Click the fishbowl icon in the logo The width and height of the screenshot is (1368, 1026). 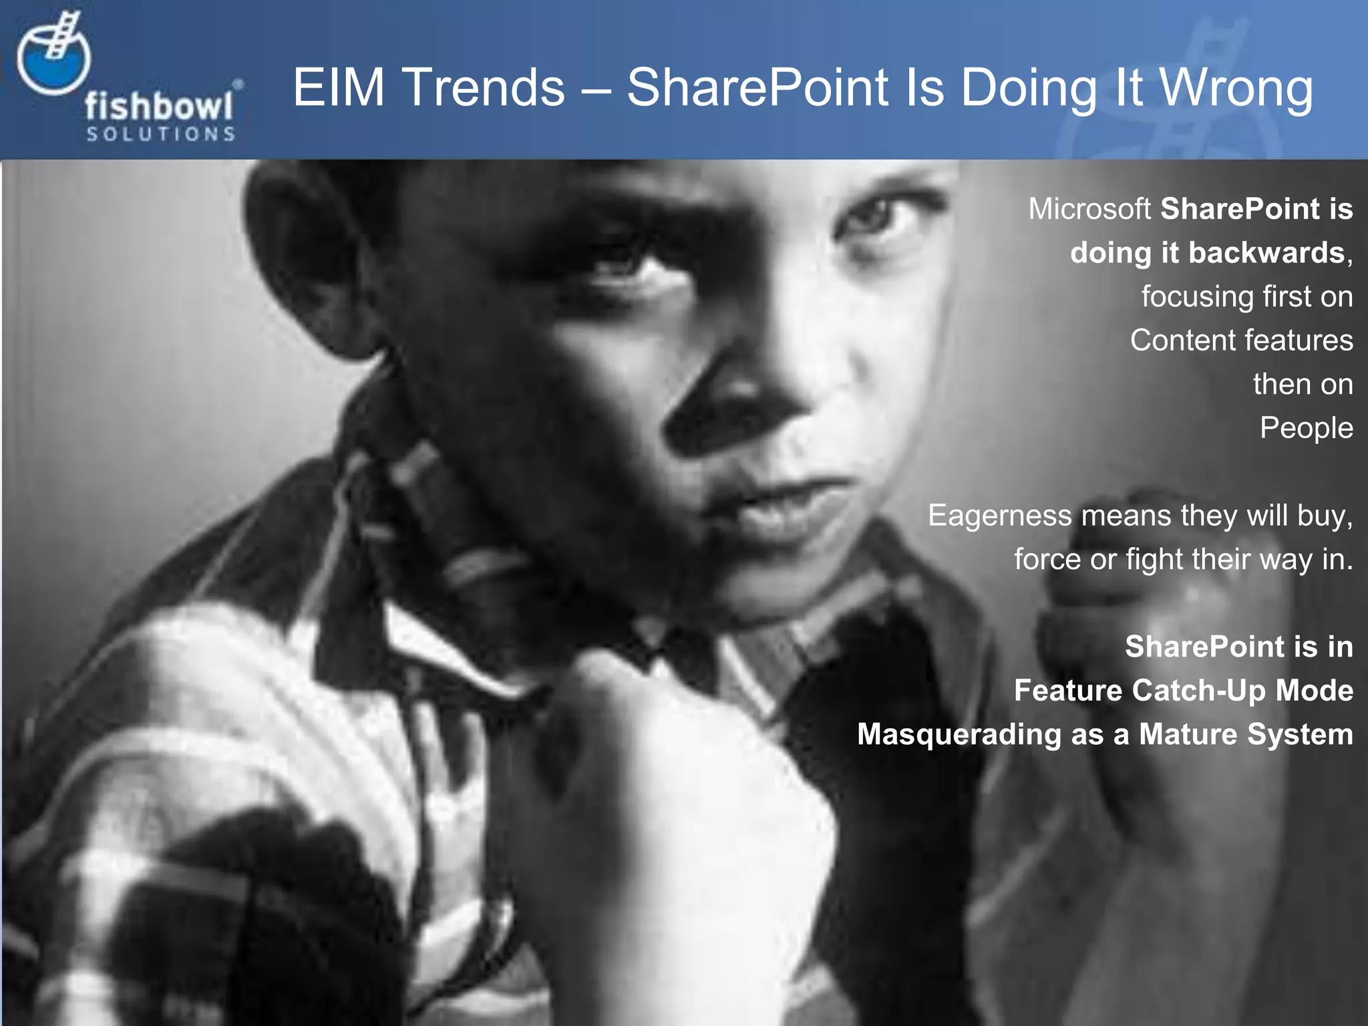point(53,60)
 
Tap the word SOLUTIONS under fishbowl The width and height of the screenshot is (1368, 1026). point(160,134)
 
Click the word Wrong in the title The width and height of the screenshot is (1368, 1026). point(1236,88)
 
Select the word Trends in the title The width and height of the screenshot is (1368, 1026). point(484,88)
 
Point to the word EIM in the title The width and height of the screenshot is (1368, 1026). point(339,88)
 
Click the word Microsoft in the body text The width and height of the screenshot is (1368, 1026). point(1089,209)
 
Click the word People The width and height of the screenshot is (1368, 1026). point(1306,428)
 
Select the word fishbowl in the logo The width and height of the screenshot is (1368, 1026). point(159,107)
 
